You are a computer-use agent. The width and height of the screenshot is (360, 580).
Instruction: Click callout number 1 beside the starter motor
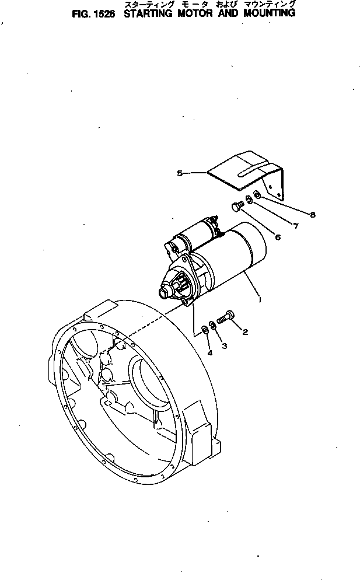[x=260, y=299]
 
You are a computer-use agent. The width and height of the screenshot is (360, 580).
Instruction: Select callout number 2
[x=245, y=333]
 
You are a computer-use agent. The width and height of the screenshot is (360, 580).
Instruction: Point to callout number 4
[x=209, y=353]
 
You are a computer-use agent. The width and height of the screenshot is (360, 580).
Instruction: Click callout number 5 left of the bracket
[x=180, y=173]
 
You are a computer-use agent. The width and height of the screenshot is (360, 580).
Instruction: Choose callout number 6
[x=277, y=236]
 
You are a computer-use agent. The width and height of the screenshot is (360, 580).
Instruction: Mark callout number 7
[x=295, y=225]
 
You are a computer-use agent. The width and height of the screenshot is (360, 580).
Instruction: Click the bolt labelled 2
[x=226, y=317]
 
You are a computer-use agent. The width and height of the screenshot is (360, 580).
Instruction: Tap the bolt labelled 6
[x=237, y=206]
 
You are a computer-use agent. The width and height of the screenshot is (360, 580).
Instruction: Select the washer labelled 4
[x=205, y=331]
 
